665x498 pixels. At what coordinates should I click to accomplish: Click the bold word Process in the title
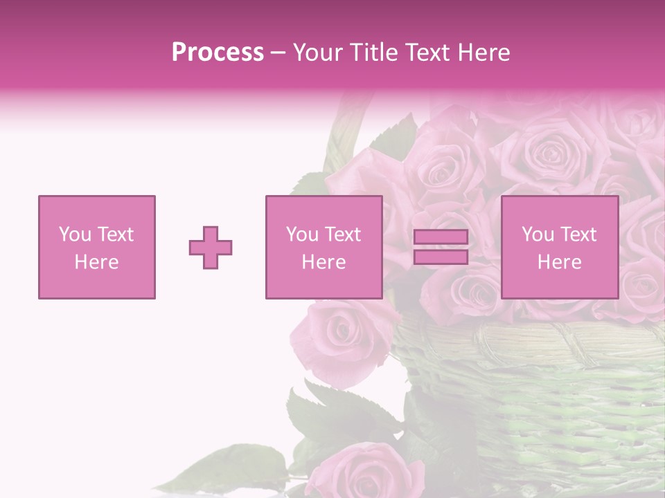coord(218,53)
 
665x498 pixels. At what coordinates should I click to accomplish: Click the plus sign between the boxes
coord(211,248)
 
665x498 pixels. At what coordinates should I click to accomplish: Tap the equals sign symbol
coord(441,248)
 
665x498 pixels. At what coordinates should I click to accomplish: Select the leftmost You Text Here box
coord(97,248)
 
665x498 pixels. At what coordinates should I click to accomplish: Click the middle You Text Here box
coord(323,248)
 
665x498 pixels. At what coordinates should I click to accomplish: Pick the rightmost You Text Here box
coord(559,248)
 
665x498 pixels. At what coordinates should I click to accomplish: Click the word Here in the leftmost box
coord(97,262)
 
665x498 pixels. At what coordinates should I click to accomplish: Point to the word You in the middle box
coord(302,234)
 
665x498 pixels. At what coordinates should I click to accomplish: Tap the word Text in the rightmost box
coord(579,234)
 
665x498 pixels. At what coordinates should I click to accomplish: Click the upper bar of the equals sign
coord(441,238)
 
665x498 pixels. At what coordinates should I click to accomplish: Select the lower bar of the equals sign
coord(441,257)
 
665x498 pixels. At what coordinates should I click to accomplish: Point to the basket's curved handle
coord(343,131)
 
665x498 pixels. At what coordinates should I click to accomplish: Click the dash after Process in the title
coord(278,53)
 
